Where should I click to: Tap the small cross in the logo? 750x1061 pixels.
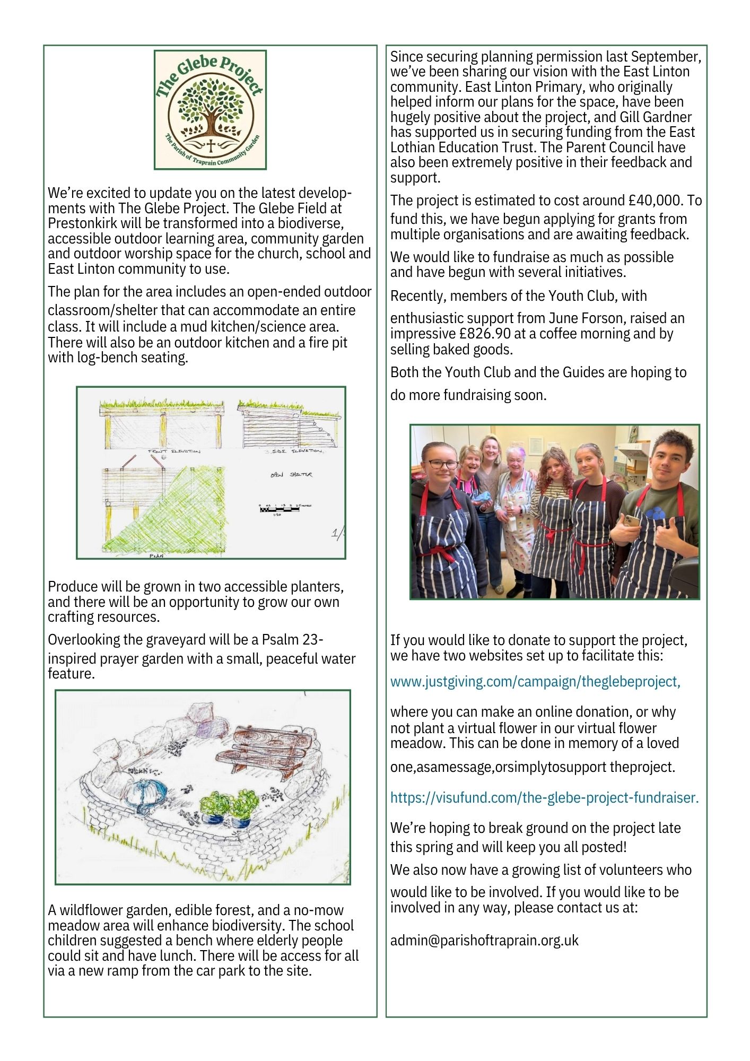coord(211,146)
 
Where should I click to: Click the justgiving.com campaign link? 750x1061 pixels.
coord(535,681)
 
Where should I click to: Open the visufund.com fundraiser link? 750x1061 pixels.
coord(544,797)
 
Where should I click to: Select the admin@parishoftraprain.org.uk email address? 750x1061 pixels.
coord(484,941)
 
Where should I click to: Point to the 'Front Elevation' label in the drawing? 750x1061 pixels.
coord(174,451)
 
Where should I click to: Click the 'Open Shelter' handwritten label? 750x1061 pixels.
coord(291,475)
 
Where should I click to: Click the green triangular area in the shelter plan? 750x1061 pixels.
coord(175,520)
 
